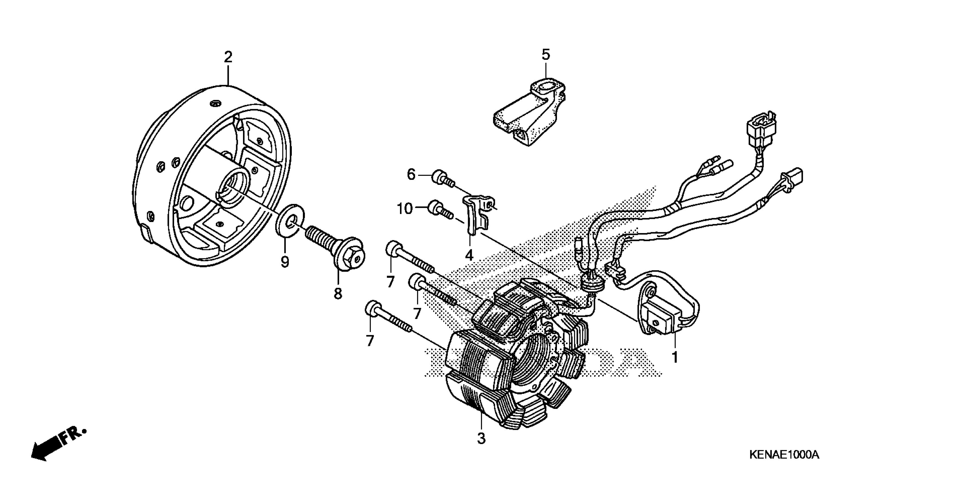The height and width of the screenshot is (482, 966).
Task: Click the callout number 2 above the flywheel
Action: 228,57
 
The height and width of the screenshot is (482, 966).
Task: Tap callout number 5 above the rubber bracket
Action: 546,55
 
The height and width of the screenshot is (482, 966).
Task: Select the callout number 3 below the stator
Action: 481,438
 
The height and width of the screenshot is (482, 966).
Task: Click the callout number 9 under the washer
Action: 285,262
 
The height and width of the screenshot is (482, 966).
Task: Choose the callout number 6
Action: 411,175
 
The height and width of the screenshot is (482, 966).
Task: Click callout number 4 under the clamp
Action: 469,255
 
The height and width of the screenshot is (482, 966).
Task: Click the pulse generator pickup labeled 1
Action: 662,318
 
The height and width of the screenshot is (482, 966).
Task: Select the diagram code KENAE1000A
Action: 783,455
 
